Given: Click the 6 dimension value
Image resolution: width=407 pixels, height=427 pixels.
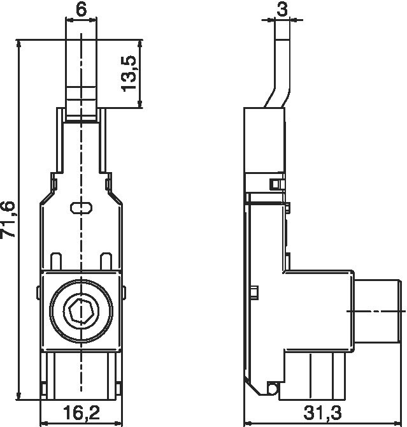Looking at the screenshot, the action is [81, 10].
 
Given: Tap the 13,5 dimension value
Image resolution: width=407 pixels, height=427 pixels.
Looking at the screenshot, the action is [129, 73].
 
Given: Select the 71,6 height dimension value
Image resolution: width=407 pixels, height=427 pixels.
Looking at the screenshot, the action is [8, 219].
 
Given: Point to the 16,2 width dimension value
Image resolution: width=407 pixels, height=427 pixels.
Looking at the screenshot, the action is [82, 412].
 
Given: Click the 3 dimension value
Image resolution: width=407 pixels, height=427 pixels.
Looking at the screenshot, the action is [282, 10].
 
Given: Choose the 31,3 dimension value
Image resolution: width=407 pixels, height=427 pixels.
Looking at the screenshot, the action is [322, 412].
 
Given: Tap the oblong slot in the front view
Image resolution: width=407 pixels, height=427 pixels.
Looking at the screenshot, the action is [81, 208].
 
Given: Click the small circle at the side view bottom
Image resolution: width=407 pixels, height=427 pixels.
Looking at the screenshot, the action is [272, 387].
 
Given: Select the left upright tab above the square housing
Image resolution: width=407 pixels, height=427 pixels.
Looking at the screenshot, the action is [56, 261].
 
